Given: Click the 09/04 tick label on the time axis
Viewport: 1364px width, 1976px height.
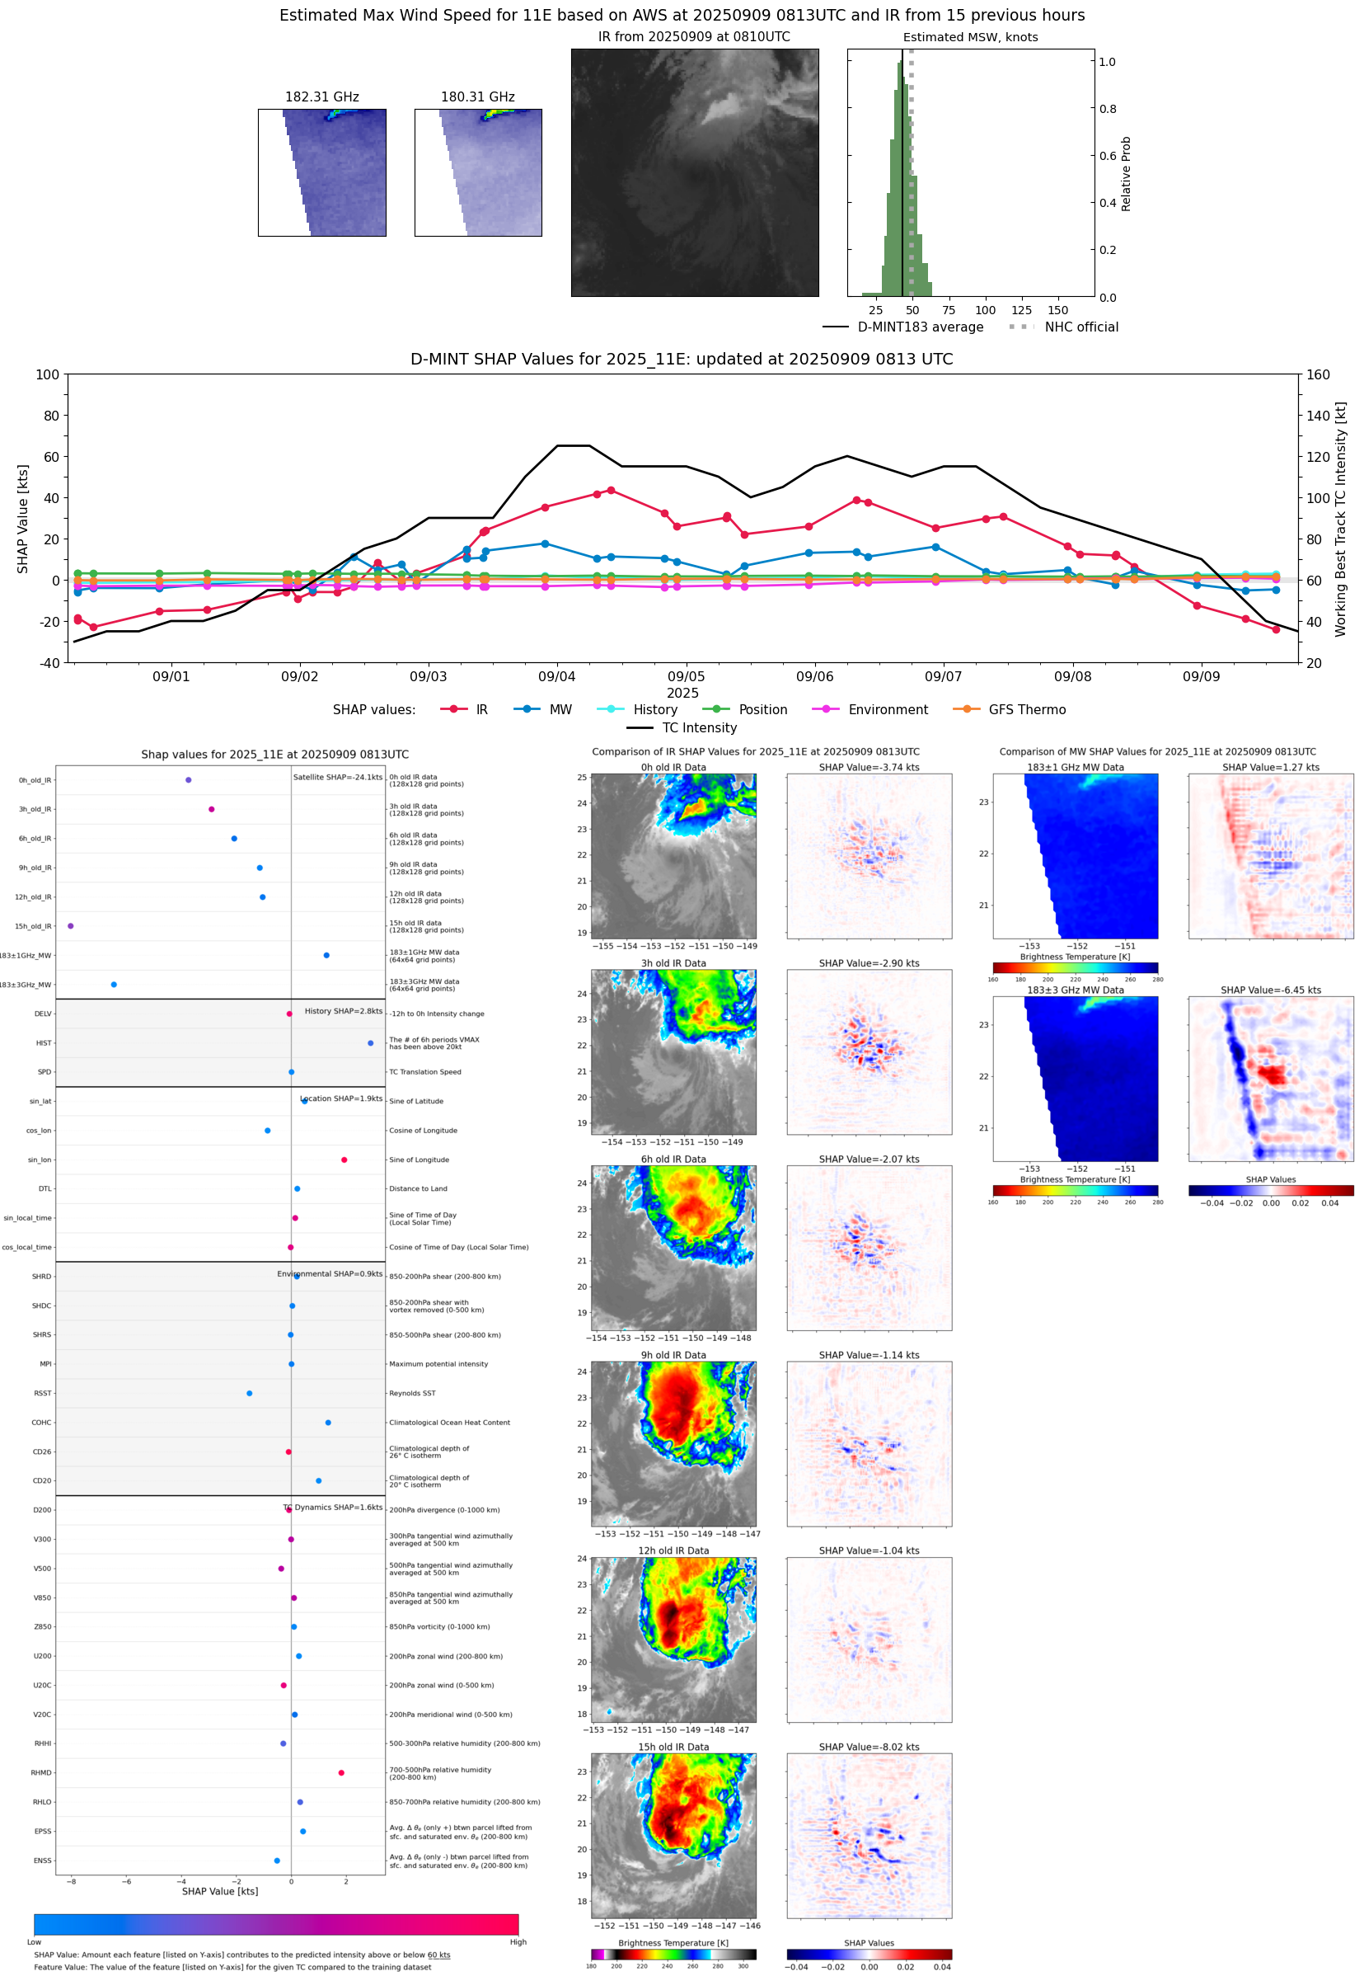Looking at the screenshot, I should (556, 676).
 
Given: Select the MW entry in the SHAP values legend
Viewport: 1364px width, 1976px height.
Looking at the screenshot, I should (560, 710).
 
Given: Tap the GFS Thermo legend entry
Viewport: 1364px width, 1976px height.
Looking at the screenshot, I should (1026, 710).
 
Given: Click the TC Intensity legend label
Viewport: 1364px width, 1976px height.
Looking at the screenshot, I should (698, 727).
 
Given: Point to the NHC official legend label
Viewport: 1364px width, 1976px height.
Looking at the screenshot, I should (1081, 327).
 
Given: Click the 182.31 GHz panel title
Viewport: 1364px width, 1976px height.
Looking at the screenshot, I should (321, 96).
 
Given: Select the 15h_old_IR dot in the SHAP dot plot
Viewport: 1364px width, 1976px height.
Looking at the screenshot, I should (71, 926).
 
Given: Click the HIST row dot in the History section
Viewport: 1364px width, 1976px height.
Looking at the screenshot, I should (370, 1043).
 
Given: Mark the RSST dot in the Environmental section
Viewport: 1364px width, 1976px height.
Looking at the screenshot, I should (250, 1393).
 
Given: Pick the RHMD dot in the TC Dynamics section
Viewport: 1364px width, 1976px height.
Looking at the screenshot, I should (341, 1772).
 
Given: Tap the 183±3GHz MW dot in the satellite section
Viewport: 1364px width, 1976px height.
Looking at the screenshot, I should (114, 984).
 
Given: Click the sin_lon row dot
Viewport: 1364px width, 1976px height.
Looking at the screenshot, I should (345, 1160).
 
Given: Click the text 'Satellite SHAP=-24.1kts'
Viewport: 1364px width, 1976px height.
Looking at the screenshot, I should (338, 777).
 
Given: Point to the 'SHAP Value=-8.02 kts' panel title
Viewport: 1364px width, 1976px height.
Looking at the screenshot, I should (869, 1747).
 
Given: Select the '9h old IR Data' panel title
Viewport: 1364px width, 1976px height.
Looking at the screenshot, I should (673, 1355).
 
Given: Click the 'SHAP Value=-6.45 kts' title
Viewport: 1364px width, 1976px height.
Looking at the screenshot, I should (1270, 990).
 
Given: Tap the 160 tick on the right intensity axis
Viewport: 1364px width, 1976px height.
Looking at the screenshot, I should (1318, 374).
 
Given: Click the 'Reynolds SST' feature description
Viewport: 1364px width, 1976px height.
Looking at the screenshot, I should (412, 1393).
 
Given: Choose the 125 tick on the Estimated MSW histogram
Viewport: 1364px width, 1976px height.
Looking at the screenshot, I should (1021, 310).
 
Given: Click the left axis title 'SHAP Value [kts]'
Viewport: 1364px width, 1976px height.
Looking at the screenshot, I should (23, 518).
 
